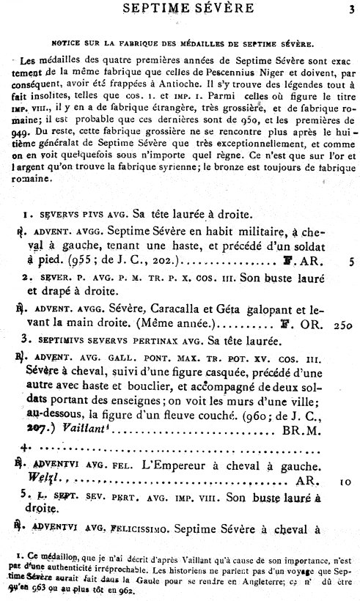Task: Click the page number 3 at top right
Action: pos(352,10)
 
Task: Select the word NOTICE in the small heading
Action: pos(81,43)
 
